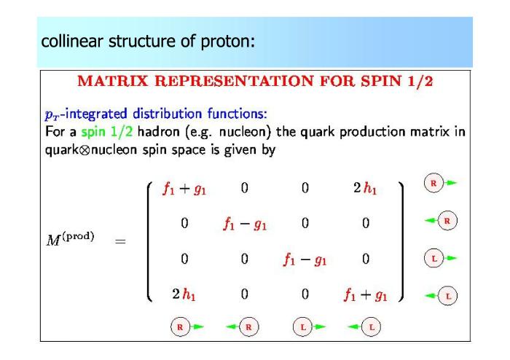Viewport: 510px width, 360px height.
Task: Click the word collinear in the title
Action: [x=72, y=42]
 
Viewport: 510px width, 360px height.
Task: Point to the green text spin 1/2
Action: [x=106, y=132]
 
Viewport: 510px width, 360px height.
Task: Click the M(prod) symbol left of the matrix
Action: [x=70, y=239]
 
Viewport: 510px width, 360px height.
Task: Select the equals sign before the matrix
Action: [x=120, y=241]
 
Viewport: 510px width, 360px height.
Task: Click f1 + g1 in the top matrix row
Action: [x=184, y=189]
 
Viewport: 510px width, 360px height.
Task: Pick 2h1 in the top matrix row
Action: [x=365, y=188]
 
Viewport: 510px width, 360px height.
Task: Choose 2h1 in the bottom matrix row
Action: [x=184, y=294]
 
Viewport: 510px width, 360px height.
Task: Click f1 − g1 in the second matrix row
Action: [x=245, y=224]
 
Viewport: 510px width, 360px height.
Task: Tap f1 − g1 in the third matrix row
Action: [x=305, y=259]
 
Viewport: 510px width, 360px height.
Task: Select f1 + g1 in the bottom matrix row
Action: [x=366, y=295]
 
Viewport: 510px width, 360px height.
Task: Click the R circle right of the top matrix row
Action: [x=433, y=183]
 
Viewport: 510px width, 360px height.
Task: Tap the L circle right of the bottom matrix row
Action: [x=448, y=296]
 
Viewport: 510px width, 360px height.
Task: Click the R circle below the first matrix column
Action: [x=180, y=326]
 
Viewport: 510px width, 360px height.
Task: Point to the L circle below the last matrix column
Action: [x=371, y=326]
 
